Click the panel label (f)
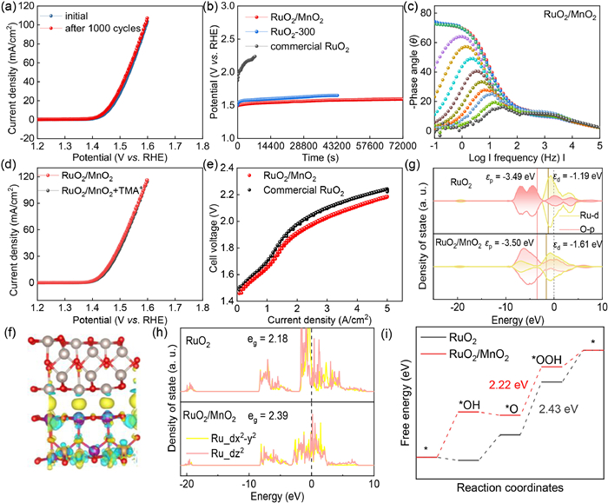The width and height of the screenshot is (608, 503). click(x=10, y=329)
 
